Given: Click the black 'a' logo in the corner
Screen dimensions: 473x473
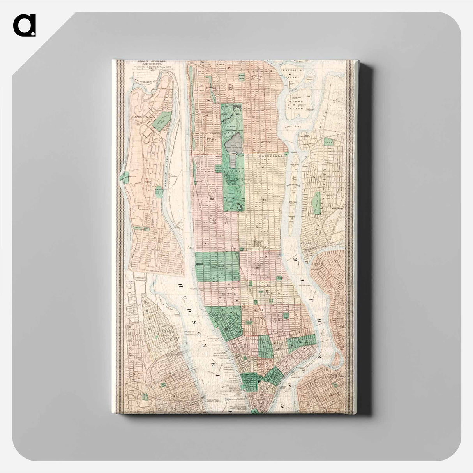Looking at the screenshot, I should tap(24, 25).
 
